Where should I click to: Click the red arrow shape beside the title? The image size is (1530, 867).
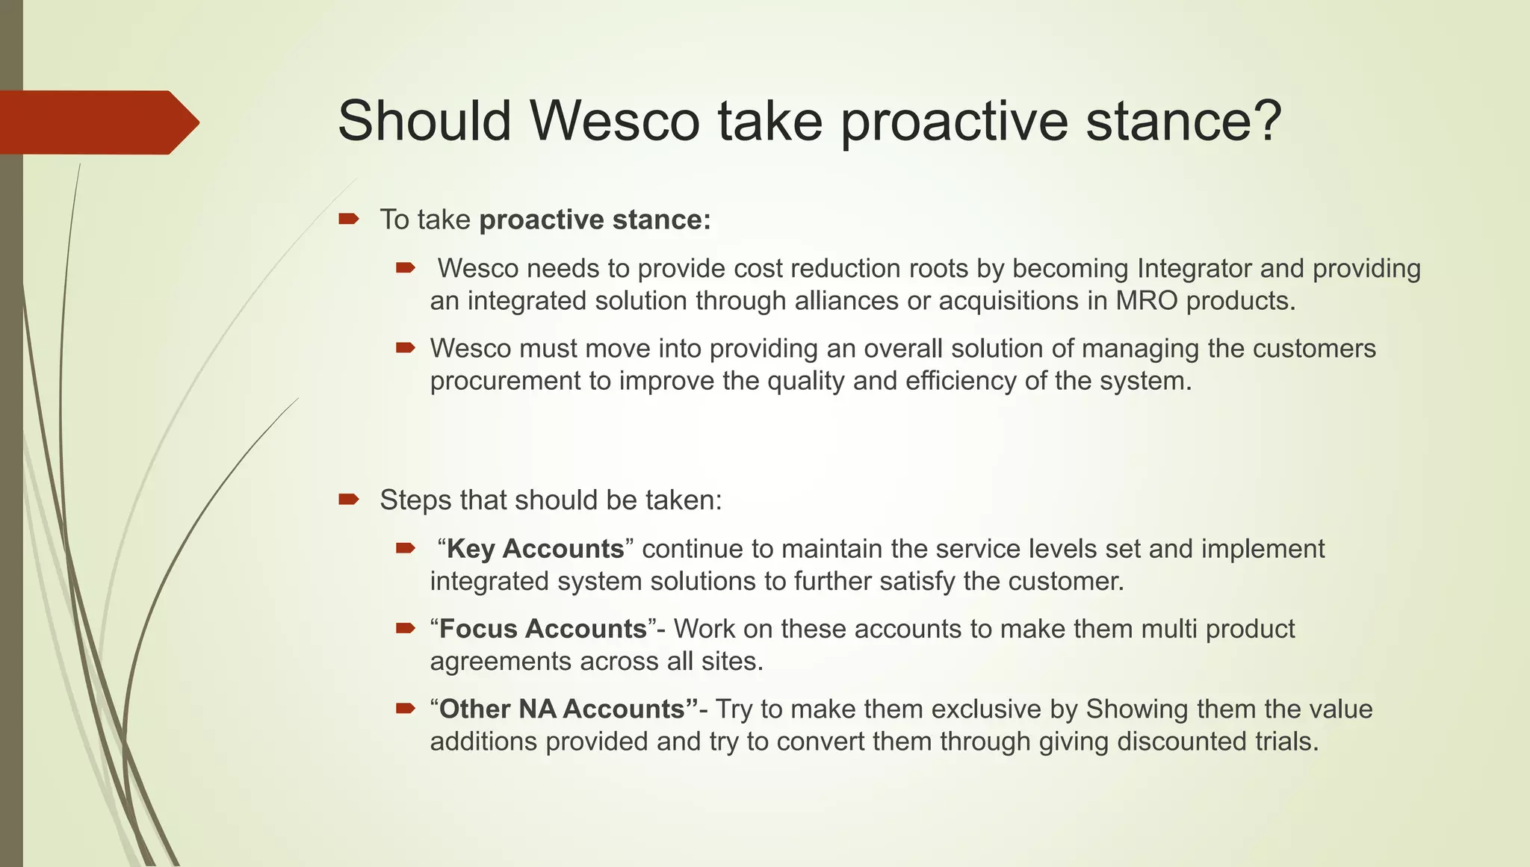97,122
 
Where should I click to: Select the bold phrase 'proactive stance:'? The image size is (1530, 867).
595,220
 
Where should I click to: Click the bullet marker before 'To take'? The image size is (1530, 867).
349,219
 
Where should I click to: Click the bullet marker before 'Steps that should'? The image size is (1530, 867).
349,499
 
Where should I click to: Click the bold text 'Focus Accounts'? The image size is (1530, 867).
542,629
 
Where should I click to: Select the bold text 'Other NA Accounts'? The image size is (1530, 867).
562,709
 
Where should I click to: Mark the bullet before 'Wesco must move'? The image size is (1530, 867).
405,347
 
